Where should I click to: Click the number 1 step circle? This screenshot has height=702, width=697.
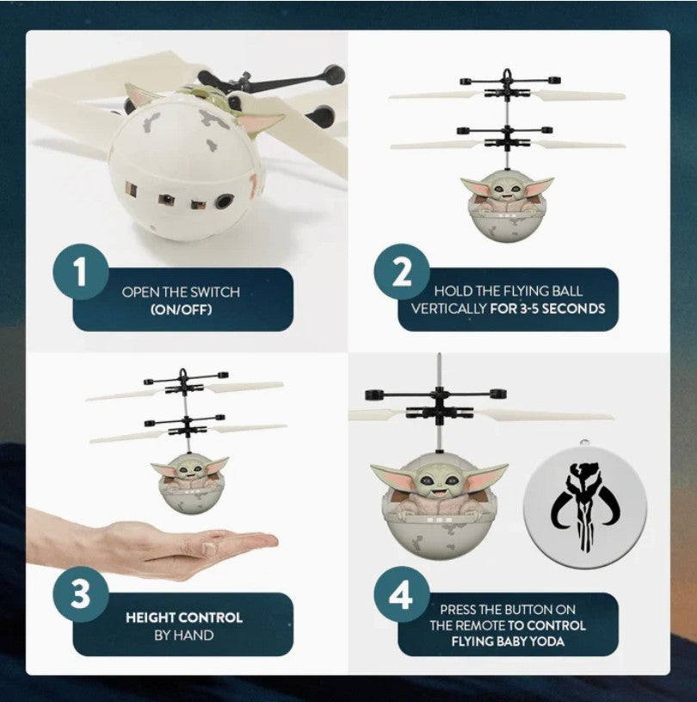point(81,272)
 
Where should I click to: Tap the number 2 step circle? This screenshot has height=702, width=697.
point(402,272)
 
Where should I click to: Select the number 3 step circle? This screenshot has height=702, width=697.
point(81,594)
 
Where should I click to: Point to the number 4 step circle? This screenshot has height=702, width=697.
point(402,594)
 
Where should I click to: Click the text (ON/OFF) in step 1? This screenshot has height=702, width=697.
point(181,309)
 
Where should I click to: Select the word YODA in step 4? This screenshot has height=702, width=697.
point(546,642)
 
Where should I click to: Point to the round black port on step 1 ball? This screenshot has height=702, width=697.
point(224,202)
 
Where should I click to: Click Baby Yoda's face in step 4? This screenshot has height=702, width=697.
point(439,482)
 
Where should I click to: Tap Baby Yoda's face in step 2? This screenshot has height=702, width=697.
point(508,189)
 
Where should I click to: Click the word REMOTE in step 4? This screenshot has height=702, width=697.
point(484,625)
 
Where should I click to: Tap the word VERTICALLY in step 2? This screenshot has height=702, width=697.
point(448,308)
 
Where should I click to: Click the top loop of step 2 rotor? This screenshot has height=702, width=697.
point(507,74)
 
